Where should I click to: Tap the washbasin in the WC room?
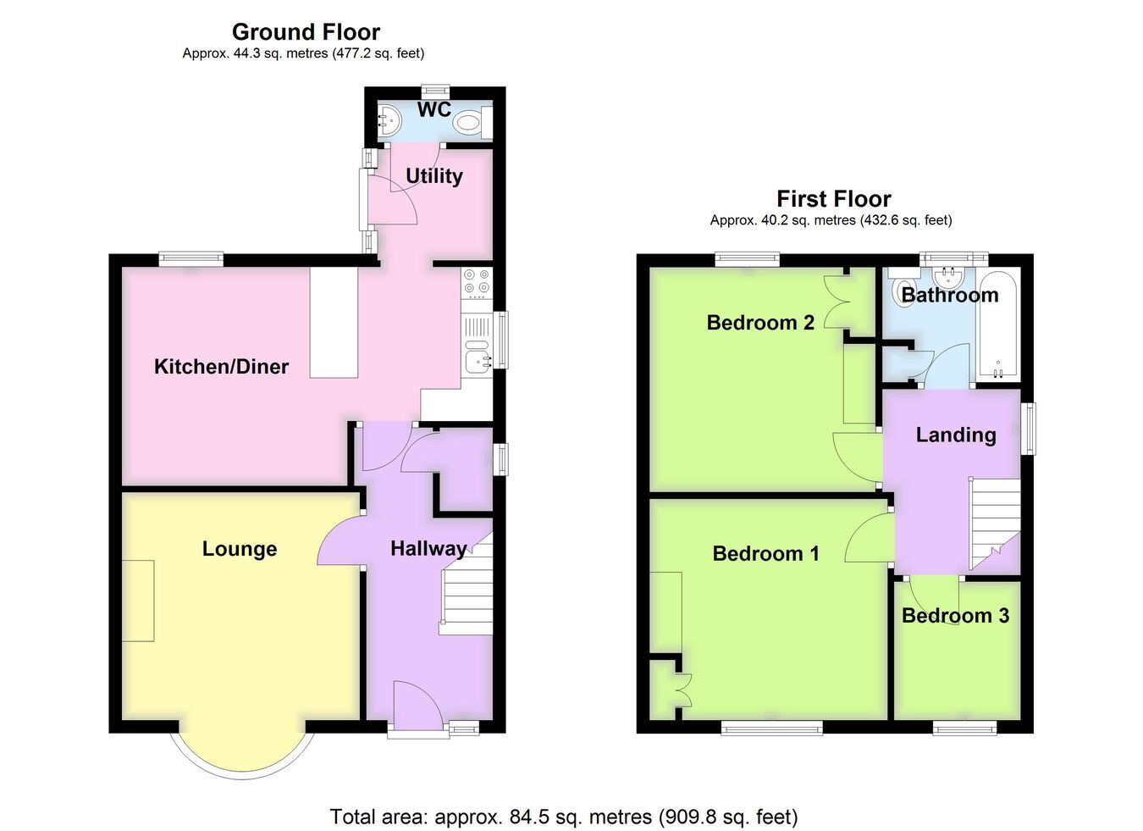pos(389,121)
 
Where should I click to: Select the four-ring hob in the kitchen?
pos(477,283)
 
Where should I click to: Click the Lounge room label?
pos(240,549)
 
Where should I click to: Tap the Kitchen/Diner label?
pos(222,367)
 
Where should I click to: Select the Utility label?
pos(434,176)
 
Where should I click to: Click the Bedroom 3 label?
pos(955,615)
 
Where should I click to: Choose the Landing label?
pos(956,435)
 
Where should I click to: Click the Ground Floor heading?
pos(306,32)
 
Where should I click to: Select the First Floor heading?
pos(834,198)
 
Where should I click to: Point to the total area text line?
pos(564,817)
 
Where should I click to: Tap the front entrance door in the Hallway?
pos(418,707)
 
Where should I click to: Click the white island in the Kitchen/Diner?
pos(334,323)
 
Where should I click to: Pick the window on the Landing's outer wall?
pos(1031,429)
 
